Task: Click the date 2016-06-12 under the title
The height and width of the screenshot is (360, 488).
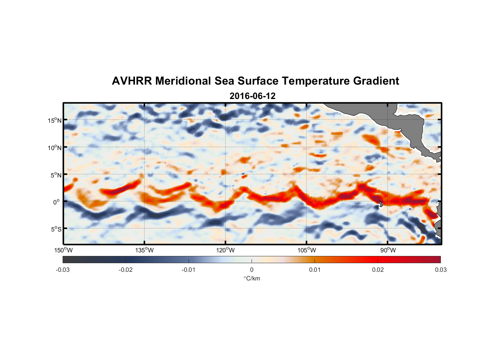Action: [252, 96]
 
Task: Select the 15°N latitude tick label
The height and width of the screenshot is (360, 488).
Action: [55, 120]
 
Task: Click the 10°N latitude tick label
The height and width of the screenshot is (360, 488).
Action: [55, 148]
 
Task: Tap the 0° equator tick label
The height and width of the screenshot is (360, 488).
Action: [57, 202]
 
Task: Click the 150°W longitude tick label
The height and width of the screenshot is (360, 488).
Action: [63, 250]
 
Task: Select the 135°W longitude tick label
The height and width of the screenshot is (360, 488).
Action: [144, 250]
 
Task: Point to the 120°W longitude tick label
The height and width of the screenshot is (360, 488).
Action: [225, 250]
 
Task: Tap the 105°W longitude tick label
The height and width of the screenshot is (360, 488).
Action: [307, 250]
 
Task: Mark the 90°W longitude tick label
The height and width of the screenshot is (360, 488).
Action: [388, 250]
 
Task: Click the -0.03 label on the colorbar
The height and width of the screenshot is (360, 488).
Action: [63, 270]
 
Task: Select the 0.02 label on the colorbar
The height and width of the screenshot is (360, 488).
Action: [378, 270]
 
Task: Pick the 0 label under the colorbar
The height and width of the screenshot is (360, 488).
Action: [252, 270]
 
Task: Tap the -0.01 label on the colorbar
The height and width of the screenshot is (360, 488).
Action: [189, 270]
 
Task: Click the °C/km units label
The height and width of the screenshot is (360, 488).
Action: [252, 278]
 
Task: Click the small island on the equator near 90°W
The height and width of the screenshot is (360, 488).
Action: [381, 203]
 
